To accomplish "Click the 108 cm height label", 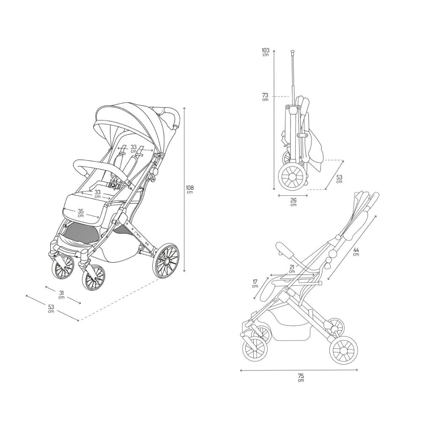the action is click(x=190, y=190).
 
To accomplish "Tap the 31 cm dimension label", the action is click(x=61, y=294).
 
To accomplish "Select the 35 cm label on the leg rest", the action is click(x=81, y=213).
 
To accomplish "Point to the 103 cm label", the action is click(x=266, y=52).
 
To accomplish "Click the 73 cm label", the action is click(x=265, y=97).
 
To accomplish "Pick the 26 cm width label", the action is click(x=293, y=202).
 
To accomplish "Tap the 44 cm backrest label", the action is click(x=356, y=252).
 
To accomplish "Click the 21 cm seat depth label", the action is click(x=292, y=269).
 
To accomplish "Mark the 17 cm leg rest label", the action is click(x=255, y=283).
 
